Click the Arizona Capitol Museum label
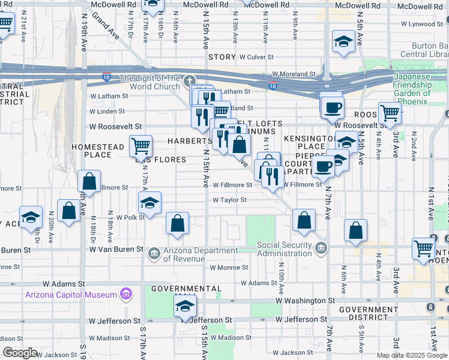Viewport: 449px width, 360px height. tap(71, 295)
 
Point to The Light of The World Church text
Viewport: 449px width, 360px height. tap(149, 82)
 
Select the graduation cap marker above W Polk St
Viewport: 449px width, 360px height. tap(149, 203)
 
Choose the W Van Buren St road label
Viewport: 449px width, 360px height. tap(116, 248)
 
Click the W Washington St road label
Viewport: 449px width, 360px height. tap(305, 300)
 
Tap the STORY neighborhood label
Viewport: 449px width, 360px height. tap(221, 57)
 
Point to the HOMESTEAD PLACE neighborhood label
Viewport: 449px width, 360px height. tap(91, 151)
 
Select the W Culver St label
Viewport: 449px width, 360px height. tap(256, 57)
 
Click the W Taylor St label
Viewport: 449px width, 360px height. tap(229, 200)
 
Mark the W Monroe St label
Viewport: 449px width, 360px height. tap(229, 268)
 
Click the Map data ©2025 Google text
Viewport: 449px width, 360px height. tap(412, 355)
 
